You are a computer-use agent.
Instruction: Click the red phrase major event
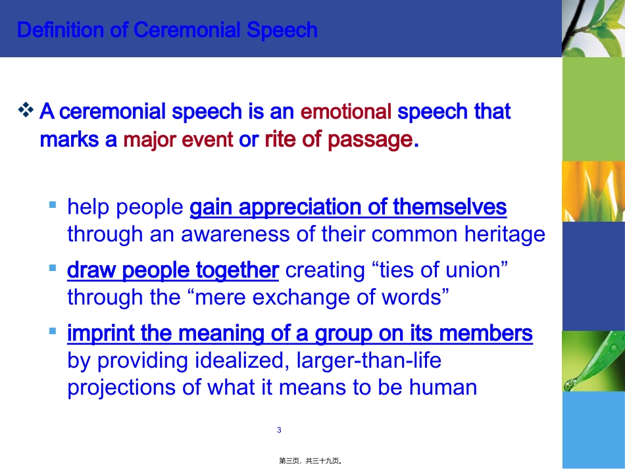point(178,139)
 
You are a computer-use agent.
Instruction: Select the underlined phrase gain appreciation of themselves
point(348,207)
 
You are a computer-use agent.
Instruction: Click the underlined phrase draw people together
point(173,270)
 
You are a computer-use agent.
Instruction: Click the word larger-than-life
point(369,360)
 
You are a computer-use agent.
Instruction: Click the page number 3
point(279,430)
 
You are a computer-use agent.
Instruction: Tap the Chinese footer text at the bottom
point(312,462)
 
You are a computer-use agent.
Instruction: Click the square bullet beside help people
point(53,205)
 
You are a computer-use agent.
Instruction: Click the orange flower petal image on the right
point(593,191)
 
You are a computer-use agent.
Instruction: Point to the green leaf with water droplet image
point(593,360)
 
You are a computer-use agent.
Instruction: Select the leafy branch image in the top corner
point(593,28)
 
